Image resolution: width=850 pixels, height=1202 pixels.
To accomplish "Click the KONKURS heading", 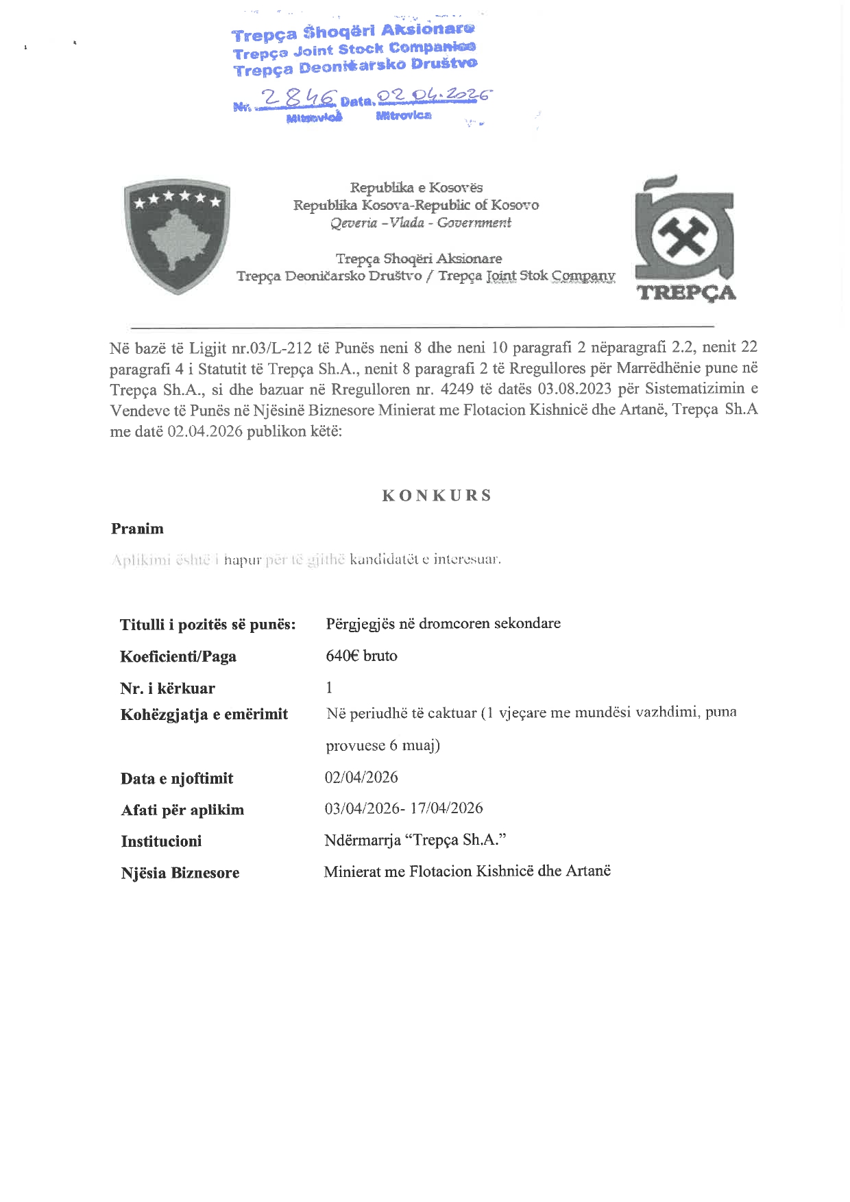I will [437, 496].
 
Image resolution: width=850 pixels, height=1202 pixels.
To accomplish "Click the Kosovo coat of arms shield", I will [177, 236].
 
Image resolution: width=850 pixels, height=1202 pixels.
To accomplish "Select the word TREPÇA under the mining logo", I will [686, 293].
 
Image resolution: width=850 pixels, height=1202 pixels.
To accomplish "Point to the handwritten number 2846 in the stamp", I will [300, 99].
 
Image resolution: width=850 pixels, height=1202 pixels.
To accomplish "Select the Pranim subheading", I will [137, 529].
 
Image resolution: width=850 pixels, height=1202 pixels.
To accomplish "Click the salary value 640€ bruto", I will [361, 656].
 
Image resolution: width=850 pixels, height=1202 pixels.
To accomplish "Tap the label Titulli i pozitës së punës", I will [208, 625].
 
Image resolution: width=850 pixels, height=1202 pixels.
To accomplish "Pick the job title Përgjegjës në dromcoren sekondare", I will [443, 623].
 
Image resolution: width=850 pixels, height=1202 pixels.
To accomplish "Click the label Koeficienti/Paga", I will [178, 657].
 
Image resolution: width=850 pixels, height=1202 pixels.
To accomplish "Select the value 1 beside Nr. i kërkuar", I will [329, 687].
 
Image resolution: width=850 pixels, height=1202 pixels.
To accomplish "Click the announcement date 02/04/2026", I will [361, 777].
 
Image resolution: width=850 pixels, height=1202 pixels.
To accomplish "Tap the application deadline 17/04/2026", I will [446, 808].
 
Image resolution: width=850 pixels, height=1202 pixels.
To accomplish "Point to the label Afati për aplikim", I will [182, 810].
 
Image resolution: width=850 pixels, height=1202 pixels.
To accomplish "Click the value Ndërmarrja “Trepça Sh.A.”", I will [415, 840].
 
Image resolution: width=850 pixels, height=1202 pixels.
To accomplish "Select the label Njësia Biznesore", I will [180, 873].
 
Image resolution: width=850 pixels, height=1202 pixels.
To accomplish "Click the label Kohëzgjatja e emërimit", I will [204, 714].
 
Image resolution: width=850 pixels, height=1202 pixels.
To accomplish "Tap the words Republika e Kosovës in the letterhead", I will [416, 187].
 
